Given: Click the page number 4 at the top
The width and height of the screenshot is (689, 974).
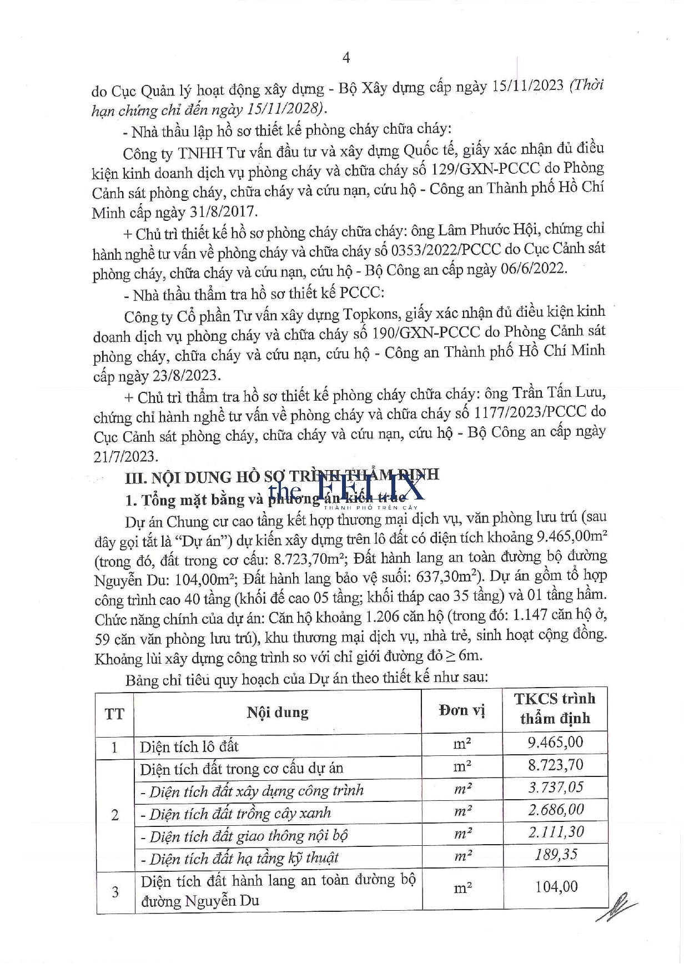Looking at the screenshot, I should click(x=346, y=57).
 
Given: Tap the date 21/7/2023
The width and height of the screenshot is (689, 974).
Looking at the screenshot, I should click(x=126, y=456).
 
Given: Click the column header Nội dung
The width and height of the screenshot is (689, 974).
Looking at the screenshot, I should click(x=278, y=712).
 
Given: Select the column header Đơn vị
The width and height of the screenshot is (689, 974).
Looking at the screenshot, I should click(x=462, y=710).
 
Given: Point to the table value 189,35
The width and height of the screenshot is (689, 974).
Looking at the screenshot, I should click(x=556, y=854).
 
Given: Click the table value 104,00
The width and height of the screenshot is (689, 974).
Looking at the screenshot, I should click(x=556, y=886).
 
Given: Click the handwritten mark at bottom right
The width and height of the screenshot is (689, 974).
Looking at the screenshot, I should click(x=616, y=906).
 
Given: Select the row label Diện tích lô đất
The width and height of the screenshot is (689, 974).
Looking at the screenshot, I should click(x=189, y=746).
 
